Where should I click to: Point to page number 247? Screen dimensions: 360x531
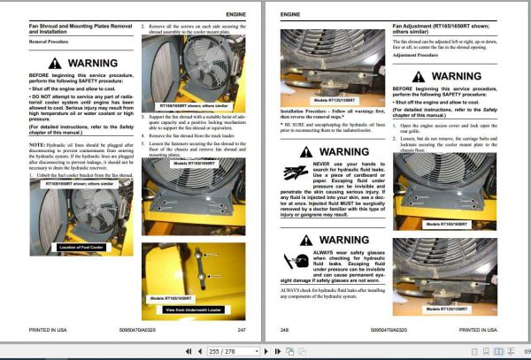click(x=241, y=329)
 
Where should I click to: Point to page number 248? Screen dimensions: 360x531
click(x=285, y=329)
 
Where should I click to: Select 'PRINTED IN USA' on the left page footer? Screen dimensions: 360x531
click(x=48, y=329)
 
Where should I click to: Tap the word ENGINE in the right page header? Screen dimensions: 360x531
click(x=290, y=15)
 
